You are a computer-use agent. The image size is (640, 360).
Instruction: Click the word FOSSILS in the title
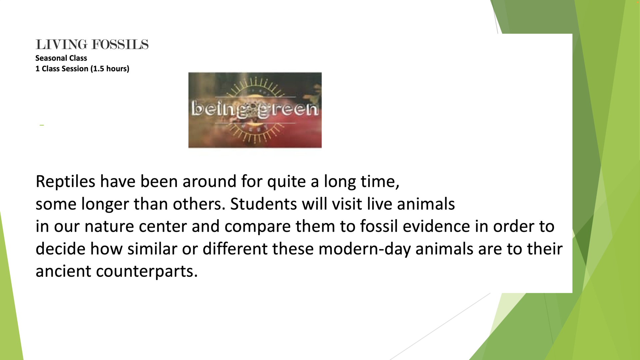tap(120, 45)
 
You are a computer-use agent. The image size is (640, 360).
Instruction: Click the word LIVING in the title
tap(61, 45)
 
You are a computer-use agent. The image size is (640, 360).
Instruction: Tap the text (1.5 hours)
tap(110, 69)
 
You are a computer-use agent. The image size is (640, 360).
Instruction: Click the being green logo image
tap(255, 110)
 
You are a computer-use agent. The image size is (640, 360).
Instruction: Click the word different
tap(235, 249)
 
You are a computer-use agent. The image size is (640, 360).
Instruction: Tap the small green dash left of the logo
tap(42, 125)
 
